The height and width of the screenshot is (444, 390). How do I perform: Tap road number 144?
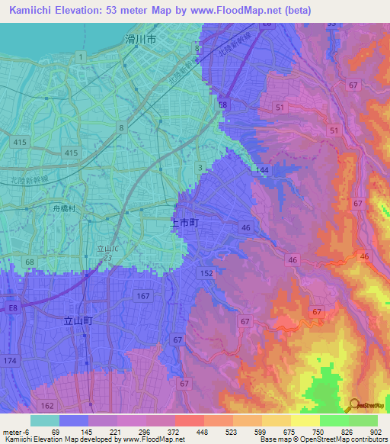262,169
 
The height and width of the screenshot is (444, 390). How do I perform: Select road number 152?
206,272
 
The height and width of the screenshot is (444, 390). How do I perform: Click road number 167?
141,295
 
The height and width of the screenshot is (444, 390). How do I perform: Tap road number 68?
30,262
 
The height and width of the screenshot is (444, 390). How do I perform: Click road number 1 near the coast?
80,57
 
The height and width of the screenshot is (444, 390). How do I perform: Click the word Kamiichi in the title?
34,9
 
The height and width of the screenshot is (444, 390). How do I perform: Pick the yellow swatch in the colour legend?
305,420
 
